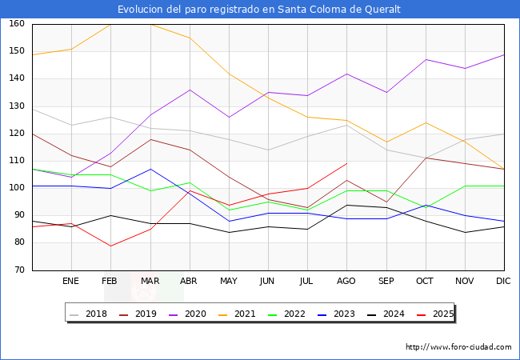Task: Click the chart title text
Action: tap(259, 10)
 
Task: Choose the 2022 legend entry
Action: tap(292, 314)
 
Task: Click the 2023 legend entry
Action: tap(341, 314)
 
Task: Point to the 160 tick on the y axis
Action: tap(16, 24)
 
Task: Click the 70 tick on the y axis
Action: tap(18, 270)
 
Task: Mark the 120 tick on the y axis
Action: tap(16, 134)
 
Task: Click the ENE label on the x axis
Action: tap(71, 282)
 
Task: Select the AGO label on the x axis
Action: tap(347, 282)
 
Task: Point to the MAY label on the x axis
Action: tap(229, 282)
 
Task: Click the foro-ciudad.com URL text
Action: tap(458, 347)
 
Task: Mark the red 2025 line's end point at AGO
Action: tap(347, 163)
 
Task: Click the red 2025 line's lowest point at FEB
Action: tap(110, 246)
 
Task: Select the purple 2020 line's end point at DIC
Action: tap(504, 54)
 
